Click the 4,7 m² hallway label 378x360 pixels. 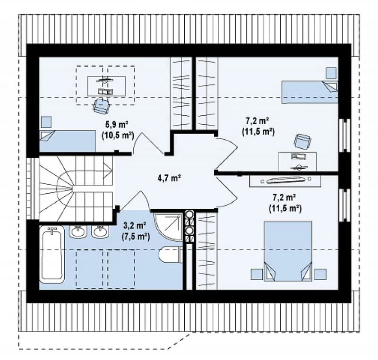click(169, 178)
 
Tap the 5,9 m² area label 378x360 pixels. click(116, 125)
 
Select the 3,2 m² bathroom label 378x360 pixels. click(135, 226)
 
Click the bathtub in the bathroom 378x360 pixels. click(52, 254)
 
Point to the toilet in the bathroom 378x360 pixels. click(170, 255)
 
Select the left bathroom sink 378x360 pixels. click(77, 231)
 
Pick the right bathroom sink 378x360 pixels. click(100, 231)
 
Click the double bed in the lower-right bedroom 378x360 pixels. click(288, 251)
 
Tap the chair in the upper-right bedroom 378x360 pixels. click(302, 141)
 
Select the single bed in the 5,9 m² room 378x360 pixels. click(68, 141)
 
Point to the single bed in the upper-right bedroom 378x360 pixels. click(310, 92)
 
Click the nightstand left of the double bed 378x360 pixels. click(257, 274)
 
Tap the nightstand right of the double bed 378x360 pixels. click(320, 274)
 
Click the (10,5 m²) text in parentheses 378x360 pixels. click(118, 135)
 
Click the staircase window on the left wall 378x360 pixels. click(32, 189)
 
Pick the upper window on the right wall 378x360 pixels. click(344, 135)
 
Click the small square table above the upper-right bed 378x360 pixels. click(331, 73)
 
